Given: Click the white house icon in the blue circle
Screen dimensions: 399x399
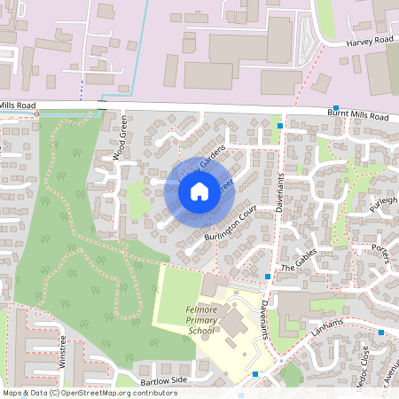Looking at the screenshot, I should click(x=199, y=191).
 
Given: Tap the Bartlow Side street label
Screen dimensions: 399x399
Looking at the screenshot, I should click(x=159, y=379).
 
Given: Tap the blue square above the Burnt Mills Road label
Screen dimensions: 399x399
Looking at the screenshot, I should click(x=336, y=107).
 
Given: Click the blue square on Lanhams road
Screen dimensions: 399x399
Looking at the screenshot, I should click(x=380, y=332).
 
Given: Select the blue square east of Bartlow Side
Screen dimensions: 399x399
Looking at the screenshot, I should click(x=255, y=374).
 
